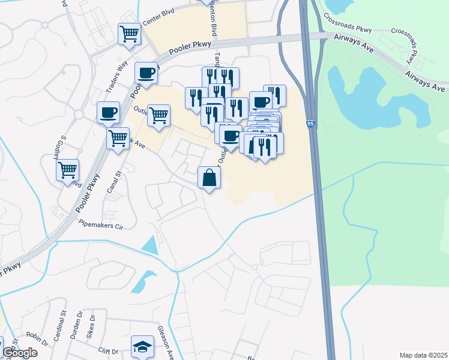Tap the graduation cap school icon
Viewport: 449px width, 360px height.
click(x=142, y=347)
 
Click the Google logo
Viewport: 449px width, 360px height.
click(x=20, y=353)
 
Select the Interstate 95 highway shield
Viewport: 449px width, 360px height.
click(x=310, y=123)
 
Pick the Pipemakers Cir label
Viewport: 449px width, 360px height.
click(x=101, y=226)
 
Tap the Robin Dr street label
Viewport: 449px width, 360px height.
click(x=37, y=340)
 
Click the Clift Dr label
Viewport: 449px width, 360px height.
click(x=109, y=352)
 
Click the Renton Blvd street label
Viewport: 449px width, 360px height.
click(x=212, y=23)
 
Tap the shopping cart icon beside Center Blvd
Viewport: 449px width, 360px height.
click(x=129, y=34)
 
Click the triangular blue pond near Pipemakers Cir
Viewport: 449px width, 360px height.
click(x=149, y=245)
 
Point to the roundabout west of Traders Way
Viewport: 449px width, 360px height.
click(x=78, y=114)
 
